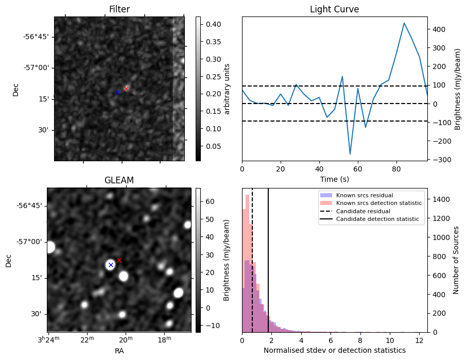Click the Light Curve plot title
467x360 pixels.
[x=334, y=9]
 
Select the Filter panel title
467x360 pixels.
[x=119, y=9]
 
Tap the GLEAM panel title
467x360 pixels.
[x=119, y=180]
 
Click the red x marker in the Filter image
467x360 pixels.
[x=126, y=89]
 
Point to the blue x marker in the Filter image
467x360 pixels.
[x=117, y=92]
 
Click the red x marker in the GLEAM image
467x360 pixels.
[x=119, y=260]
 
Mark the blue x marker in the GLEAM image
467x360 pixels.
[x=110, y=265]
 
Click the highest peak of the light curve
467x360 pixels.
[x=404, y=23]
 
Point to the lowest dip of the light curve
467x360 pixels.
[x=350, y=154]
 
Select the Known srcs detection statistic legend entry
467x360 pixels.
[x=378, y=203]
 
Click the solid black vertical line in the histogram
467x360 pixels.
[x=268, y=268]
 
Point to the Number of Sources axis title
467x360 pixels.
[x=457, y=260]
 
